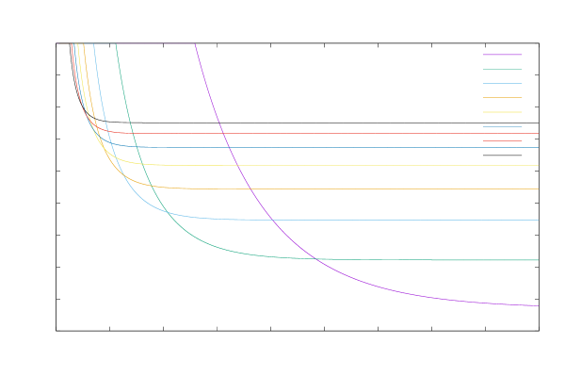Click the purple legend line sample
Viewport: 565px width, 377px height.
pos(503,55)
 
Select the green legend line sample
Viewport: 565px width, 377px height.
pos(503,69)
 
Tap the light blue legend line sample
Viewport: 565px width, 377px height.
pos(503,83)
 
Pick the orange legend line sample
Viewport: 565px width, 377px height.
pos(503,97)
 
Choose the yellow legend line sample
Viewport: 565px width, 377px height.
pos(503,111)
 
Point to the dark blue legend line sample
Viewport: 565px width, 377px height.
pos(503,126)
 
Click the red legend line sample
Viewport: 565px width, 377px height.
pos(503,140)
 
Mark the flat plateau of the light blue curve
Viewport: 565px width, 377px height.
pos(377,220)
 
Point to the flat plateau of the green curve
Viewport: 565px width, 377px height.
pos(424,259)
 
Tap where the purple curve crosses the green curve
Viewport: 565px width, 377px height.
pos(315,258)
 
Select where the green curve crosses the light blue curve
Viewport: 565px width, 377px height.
pos(167,210)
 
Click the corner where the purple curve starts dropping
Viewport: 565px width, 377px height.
pos(195,43)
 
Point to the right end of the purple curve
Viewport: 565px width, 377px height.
pos(538,305)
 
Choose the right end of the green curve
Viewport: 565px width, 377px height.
pos(538,259)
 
